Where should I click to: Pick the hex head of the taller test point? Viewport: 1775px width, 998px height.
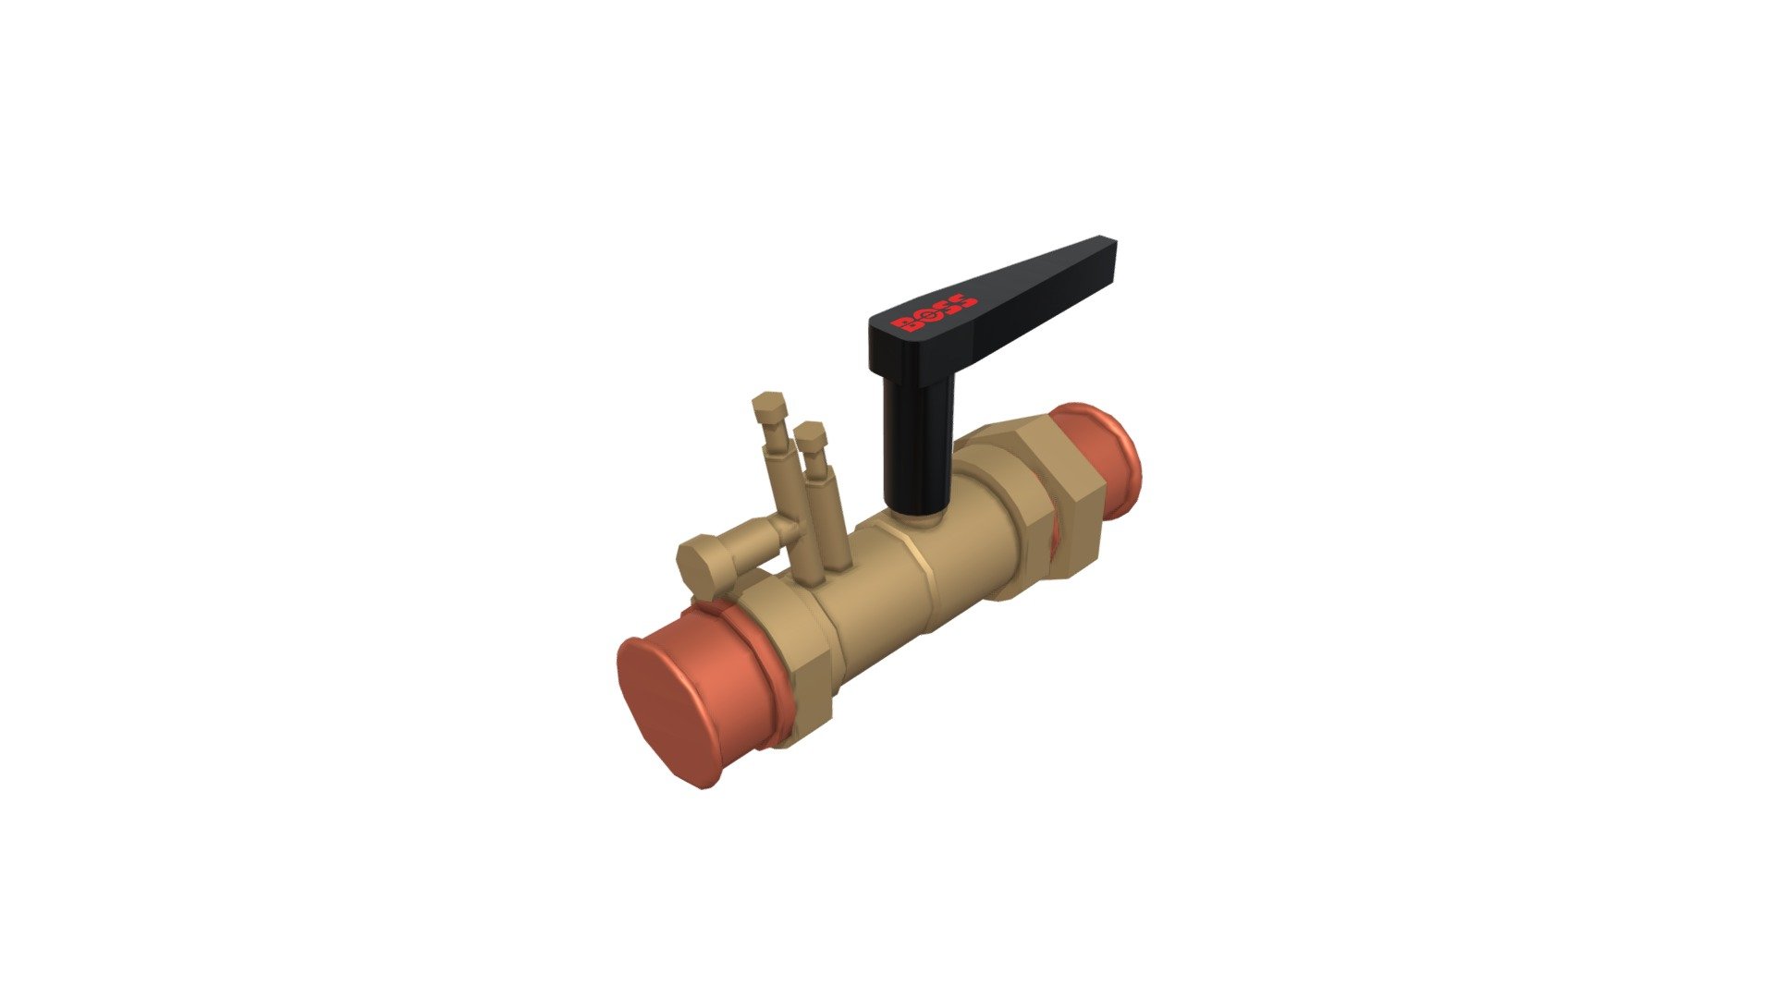769,406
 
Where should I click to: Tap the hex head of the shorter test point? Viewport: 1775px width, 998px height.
810,433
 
